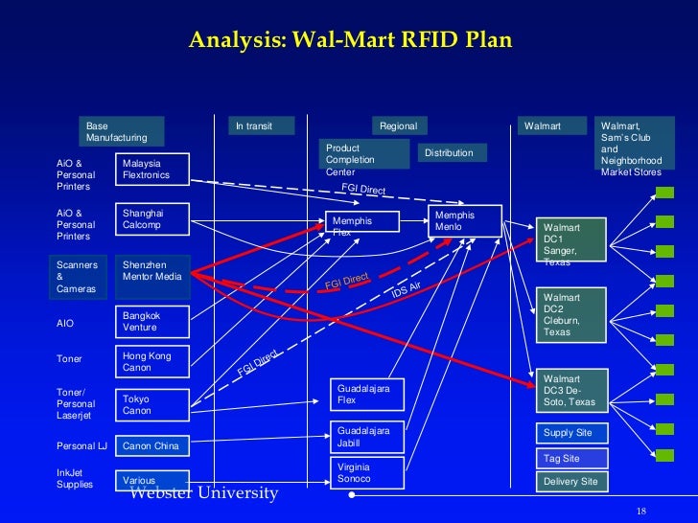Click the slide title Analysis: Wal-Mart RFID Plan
pyautogui.click(x=350, y=40)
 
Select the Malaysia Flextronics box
pyautogui.click(x=152, y=170)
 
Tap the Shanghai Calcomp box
pyautogui.click(x=152, y=219)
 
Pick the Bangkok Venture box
pyautogui.click(x=152, y=321)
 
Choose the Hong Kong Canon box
pyautogui.click(x=152, y=361)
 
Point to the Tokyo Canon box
pyautogui.click(x=152, y=404)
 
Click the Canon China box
pyautogui.click(x=152, y=446)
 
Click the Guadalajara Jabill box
pyautogui.click(x=368, y=438)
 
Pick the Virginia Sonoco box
pyautogui.click(x=368, y=472)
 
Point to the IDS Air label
pyautogui.click(x=407, y=288)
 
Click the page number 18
pyautogui.click(x=641, y=509)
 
